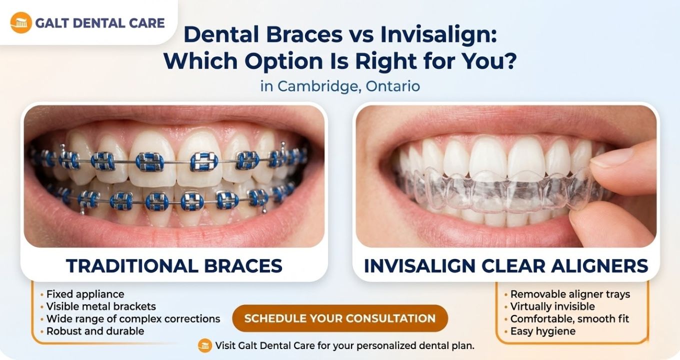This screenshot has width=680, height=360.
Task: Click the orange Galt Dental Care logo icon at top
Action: point(21,23)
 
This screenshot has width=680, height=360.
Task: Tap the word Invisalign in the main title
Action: point(438,35)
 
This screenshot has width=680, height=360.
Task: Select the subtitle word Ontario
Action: point(393,86)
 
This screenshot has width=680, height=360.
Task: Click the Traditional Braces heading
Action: point(174,266)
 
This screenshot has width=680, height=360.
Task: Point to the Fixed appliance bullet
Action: point(85,294)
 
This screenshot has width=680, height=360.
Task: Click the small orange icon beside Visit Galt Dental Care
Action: point(205,345)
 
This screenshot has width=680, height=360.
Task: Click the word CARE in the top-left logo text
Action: point(146,23)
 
